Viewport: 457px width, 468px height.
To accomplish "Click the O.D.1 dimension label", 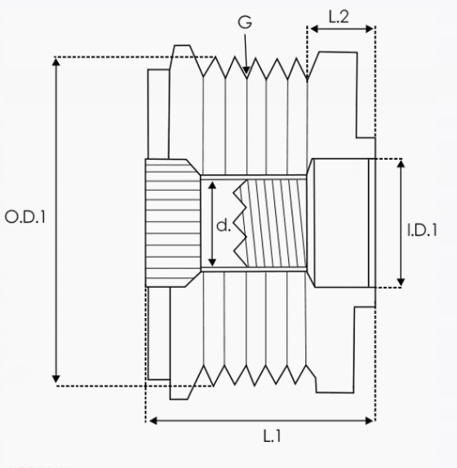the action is tap(25, 217).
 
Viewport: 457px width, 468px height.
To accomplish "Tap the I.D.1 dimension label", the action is tap(422, 230).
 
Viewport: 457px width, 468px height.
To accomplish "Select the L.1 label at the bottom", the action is tap(272, 436).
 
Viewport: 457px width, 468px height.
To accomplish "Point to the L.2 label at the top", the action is tap(339, 17).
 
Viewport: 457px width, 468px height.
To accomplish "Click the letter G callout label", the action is tap(245, 22).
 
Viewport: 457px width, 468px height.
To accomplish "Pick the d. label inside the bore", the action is tap(224, 225).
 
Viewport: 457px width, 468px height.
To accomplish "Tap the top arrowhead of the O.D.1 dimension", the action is tap(56, 62).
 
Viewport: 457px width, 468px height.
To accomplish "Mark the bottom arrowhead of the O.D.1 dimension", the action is tap(55, 379).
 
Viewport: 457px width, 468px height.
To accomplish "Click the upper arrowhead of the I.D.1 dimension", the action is tap(402, 164).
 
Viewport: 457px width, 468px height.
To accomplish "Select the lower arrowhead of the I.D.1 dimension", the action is tap(401, 282).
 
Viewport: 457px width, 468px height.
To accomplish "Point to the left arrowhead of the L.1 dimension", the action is tap(153, 421).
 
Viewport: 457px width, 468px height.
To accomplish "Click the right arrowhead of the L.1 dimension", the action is tap(370, 421).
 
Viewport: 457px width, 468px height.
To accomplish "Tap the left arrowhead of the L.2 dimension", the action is tap(314, 29).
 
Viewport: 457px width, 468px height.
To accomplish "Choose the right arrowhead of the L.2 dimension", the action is tap(370, 29).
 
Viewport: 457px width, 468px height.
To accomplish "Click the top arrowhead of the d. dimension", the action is tap(212, 185).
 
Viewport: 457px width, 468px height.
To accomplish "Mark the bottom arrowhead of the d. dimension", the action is tap(212, 262).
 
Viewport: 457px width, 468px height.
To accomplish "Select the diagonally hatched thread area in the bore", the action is tap(277, 223).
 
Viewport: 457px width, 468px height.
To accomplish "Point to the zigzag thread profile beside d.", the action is tap(240, 223).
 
